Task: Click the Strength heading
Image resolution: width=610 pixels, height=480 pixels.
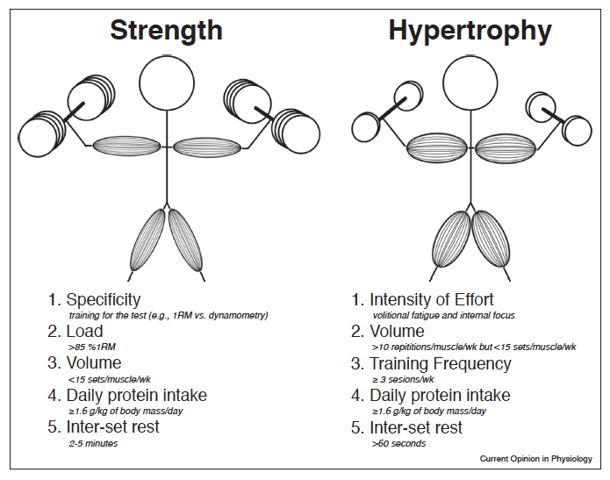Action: click(166, 31)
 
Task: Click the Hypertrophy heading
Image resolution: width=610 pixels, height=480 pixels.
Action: click(470, 32)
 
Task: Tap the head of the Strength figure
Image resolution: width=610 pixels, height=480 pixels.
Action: click(167, 83)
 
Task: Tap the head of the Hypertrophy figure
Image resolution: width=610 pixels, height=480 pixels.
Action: click(470, 83)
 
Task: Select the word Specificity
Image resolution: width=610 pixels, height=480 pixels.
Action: click(103, 300)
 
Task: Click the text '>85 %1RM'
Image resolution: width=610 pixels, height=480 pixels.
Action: click(92, 347)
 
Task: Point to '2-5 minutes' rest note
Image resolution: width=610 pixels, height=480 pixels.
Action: click(93, 443)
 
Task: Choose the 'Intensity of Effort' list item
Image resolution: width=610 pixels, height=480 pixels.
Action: click(422, 299)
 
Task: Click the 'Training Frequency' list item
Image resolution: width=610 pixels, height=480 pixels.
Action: click(431, 364)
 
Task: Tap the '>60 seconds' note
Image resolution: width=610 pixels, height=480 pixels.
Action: click(398, 443)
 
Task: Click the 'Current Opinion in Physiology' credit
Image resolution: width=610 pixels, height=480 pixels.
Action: click(535, 459)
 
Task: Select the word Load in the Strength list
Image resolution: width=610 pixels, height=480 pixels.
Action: click(84, 332)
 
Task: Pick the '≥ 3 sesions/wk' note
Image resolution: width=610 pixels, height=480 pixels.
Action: click(403, 379)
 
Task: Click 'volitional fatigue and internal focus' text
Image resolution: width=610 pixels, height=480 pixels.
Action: click(444, 315)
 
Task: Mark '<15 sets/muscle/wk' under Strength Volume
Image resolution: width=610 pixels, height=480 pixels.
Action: click(110, 379)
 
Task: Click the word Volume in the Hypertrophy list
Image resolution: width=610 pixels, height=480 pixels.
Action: click(398, 332)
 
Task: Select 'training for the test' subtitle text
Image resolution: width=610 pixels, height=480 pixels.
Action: click(107, 315)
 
